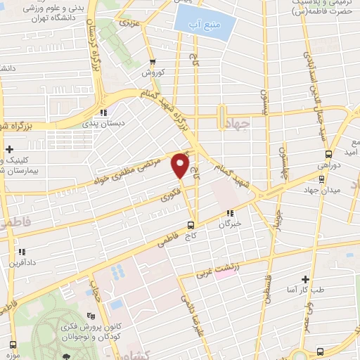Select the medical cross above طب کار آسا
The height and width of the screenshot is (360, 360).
tap(305, 279)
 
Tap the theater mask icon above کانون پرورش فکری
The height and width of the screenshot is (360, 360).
tap(89, 316)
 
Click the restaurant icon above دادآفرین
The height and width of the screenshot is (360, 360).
tap(22, 252)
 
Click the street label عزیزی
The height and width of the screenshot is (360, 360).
tap(129, 24)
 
